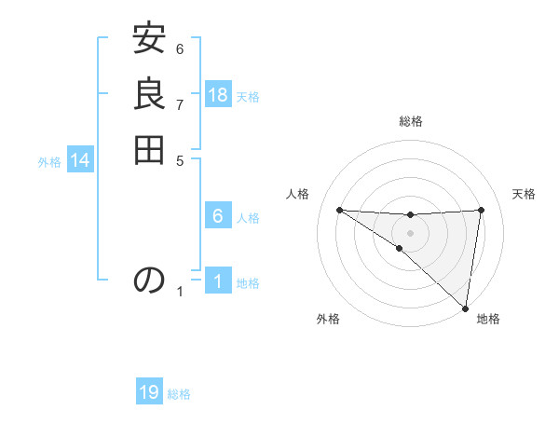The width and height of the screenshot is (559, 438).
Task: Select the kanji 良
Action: [x=149, y=95]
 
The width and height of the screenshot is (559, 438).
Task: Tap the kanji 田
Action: [x=149, y=148]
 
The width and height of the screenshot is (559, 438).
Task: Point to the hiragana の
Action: [x=149, y=280]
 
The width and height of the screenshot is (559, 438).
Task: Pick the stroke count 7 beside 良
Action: [x=180, y=103]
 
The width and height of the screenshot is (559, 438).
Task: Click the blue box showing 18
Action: [x=218, y=95]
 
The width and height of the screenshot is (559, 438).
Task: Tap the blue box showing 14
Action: [x=80, y=160]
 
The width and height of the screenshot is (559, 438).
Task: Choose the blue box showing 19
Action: [x=149, y=392]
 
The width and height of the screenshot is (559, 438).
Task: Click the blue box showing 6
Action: [x=218, y=216]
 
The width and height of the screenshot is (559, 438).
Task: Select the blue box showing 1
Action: [x=218, y=281]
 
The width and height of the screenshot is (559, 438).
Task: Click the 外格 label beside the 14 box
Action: [x=49, y=161]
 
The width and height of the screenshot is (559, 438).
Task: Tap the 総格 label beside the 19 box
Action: [x=179, y=394]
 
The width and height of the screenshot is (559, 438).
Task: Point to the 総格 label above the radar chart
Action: [x=410, y=121]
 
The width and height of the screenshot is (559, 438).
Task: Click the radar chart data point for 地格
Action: [x=465, y=308]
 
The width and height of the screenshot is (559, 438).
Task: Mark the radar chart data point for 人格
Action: [x=339, y=210]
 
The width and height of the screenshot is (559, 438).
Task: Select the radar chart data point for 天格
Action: [x=482, y=210]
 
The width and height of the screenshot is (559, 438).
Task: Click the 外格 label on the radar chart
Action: [x=328, y=320]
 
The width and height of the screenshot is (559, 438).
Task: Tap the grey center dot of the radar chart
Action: [x=410, y=232]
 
